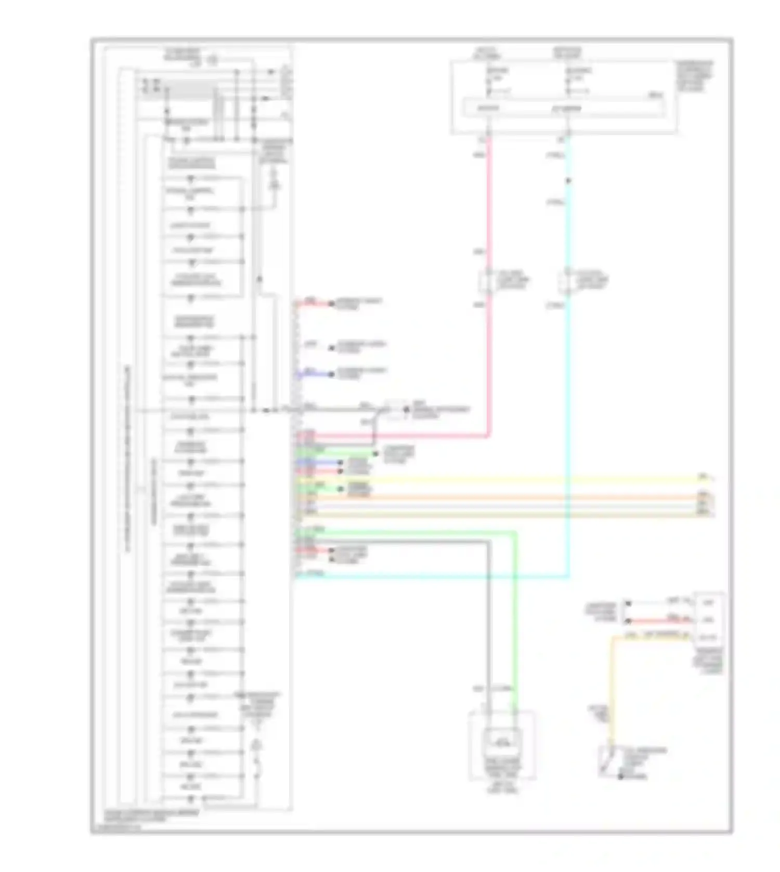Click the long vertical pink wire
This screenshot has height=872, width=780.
[488, 218]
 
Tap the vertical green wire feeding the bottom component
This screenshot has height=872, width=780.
[515, 624]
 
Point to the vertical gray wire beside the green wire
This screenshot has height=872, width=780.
[488, 624]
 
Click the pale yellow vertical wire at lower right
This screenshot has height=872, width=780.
[613, 686]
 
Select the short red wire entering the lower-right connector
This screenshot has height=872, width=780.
[660, 620]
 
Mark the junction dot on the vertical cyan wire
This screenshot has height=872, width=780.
[568, 181]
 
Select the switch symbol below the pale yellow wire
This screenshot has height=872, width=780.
[607, 761]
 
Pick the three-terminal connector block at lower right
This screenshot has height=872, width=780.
[708, 619]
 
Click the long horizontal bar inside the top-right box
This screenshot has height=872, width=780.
[564, 109]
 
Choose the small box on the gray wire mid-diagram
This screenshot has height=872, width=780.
[395, 410]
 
